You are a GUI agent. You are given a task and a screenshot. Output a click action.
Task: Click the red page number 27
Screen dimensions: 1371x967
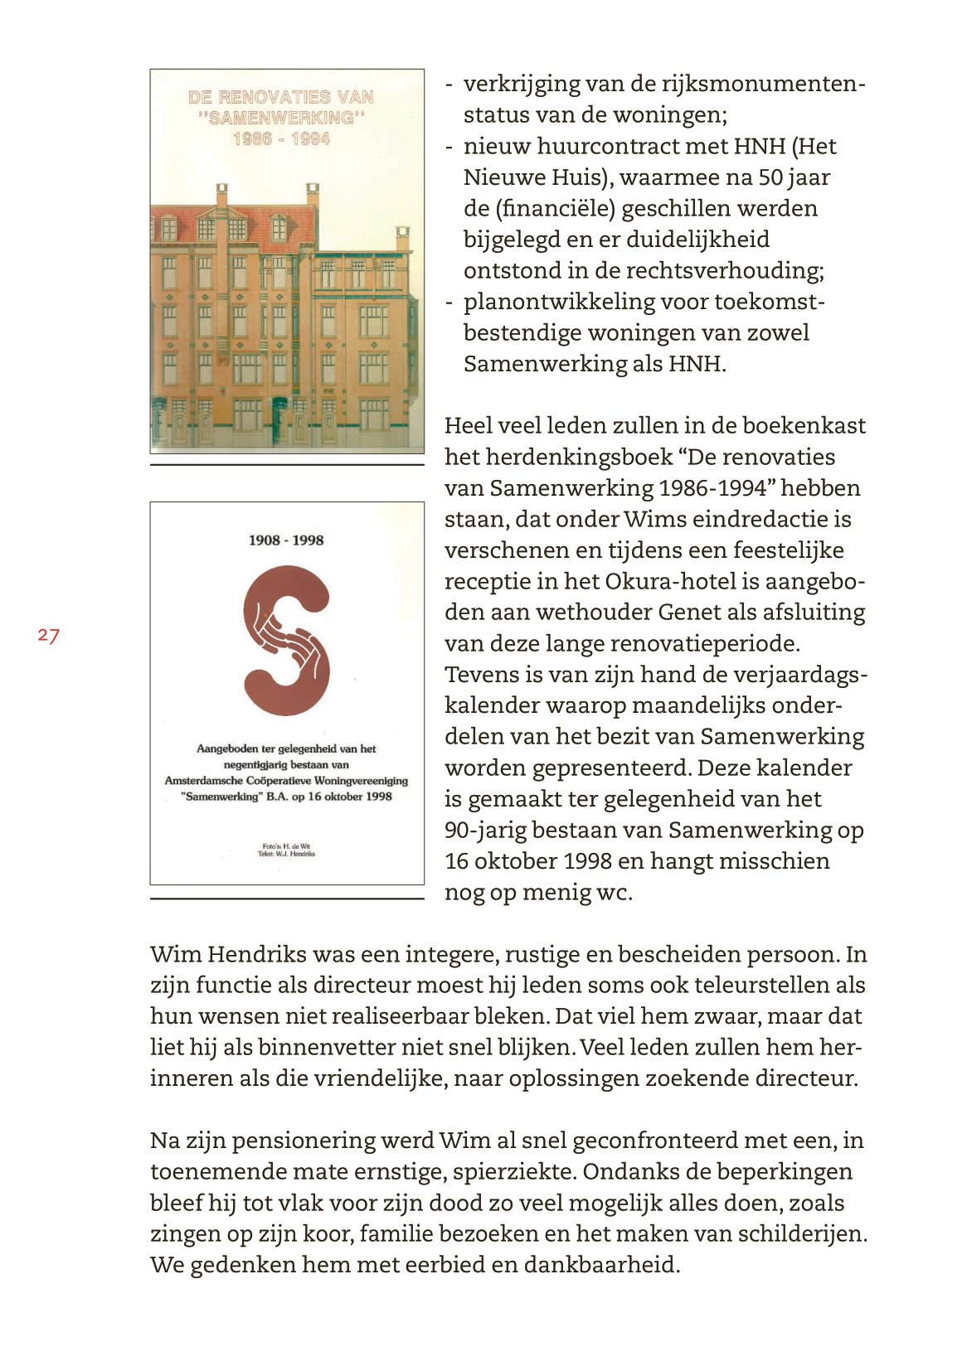click(x=48, y=636)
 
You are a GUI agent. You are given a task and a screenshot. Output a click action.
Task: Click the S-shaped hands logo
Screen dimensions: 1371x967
click(x=287, y=641)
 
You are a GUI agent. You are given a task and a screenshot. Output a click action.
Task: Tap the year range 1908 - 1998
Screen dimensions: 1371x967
click(x=286, y=540)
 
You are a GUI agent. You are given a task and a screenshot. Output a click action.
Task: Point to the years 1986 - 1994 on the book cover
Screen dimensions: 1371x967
click(x=281, y=139)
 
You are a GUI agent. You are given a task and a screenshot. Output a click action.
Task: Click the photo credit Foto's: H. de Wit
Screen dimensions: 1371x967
click(x=286, y=846)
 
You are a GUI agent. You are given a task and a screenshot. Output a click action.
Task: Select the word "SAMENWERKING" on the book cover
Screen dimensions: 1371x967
click(x=281, y=118)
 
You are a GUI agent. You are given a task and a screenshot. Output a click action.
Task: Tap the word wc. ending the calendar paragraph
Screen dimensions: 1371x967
click(x=614, y=893)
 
